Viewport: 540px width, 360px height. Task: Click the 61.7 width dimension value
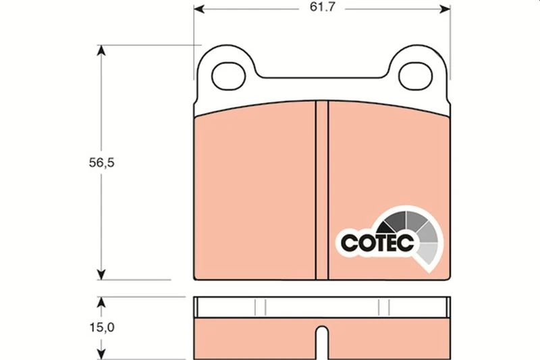tap(321, 9)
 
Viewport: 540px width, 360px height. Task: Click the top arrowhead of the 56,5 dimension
tap(101, 51)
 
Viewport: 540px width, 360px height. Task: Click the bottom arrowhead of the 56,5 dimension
tap(101, 273)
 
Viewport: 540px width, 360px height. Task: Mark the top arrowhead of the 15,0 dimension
tap(101, 302)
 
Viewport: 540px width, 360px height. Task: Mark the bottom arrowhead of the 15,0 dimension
tap(101, 352)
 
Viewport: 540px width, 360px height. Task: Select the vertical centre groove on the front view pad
tap(321, 189)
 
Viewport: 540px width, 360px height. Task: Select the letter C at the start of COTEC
tap(348, 242)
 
